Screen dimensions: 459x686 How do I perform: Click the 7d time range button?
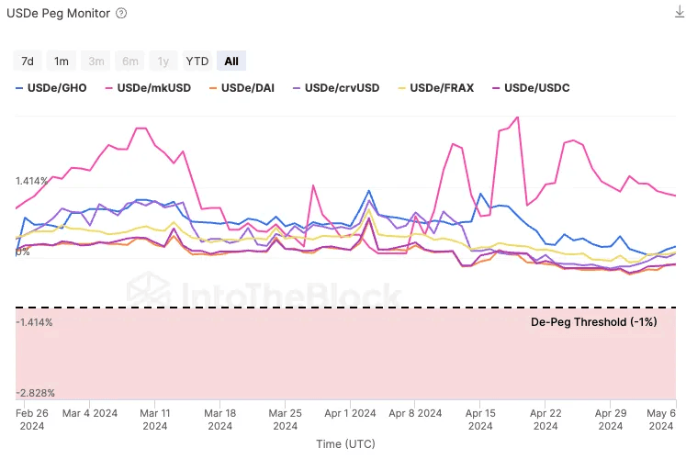point(28,62)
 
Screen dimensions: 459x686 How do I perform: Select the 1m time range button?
point(62,62)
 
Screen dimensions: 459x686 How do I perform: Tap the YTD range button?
point(197,62)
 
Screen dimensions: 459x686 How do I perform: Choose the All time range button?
point(231,62)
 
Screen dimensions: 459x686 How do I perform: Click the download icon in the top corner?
point(679,12)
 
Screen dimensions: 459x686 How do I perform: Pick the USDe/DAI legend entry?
point(245,88)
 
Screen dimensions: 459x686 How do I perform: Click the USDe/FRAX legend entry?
point(436,88)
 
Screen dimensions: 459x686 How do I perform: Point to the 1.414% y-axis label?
point(34,181)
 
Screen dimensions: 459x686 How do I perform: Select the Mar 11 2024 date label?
point(155,420)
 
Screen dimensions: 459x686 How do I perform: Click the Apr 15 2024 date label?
point(480,420)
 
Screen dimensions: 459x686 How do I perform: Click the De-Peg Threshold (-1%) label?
point(594,322)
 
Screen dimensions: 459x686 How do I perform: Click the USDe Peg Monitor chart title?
point(57,14)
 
